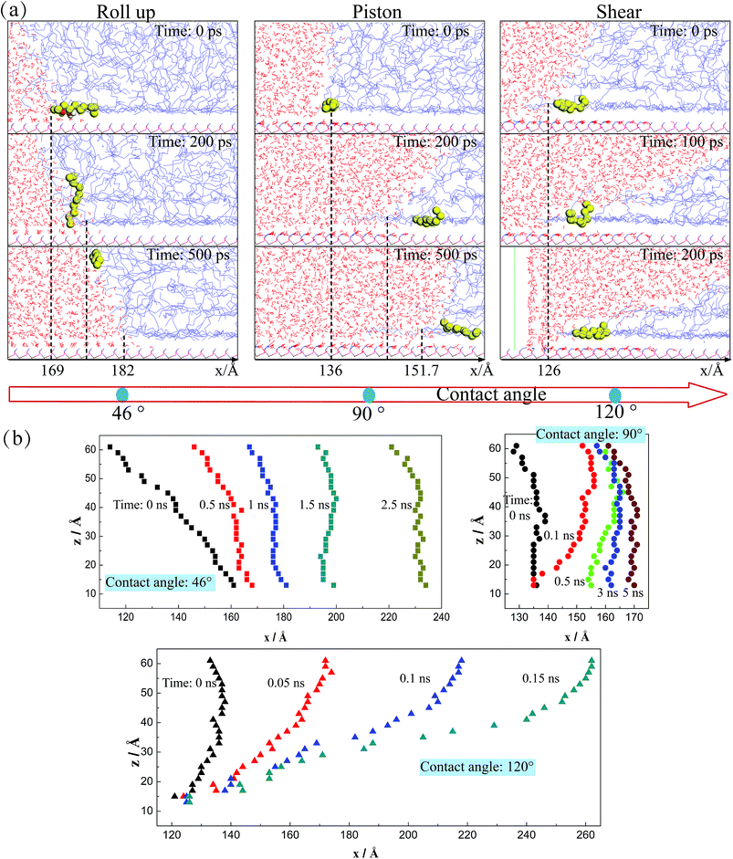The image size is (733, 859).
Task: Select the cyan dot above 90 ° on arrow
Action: (x=369, y=394)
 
